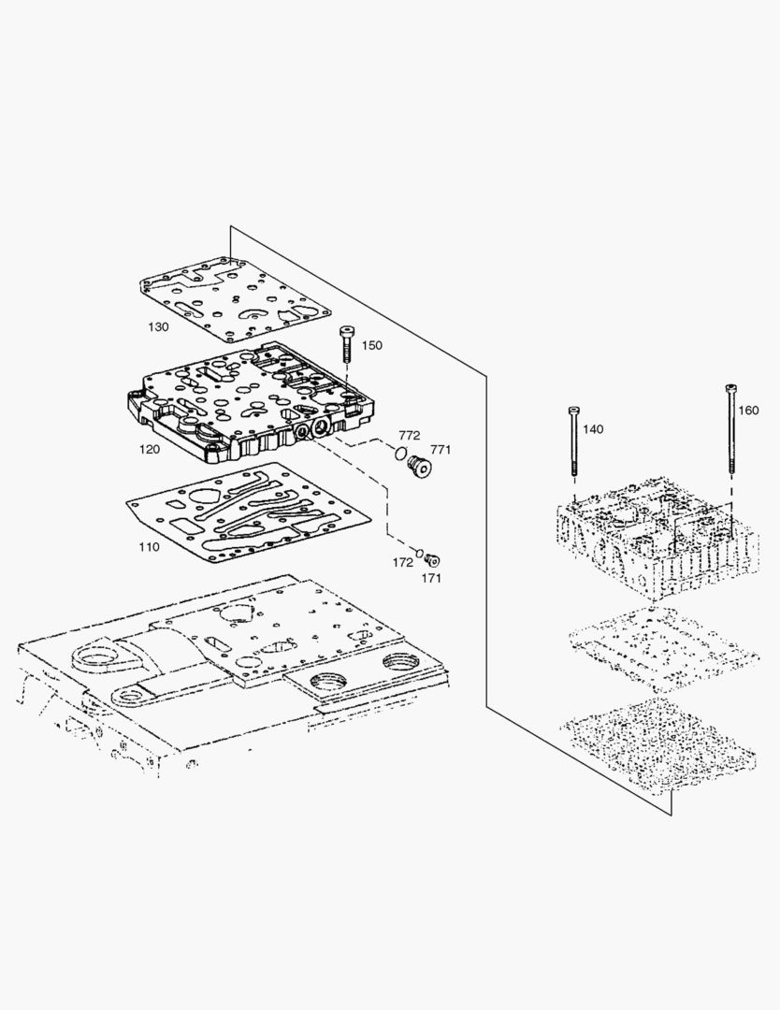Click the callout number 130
click(158, 327)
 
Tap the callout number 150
click(371, 346)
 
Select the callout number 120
click(149, 449)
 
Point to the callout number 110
click(148, 546)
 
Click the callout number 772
click(409, 437)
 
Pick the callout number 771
click(441, 450)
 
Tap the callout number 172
click(403, 562)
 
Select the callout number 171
click(431, 578)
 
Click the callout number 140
click(593, 429)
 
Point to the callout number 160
click(748, 410)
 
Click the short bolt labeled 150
click(347, 345)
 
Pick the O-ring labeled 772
click(400, 454)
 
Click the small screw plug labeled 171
click(431, 560)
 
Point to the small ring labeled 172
click(420, 553)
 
